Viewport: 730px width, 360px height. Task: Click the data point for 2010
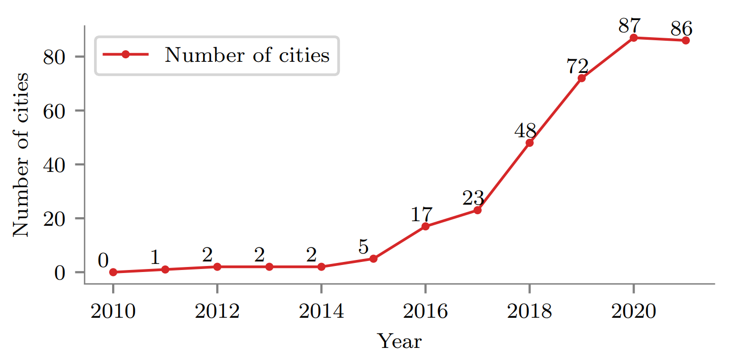click(113, 272)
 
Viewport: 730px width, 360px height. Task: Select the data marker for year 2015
click(374, 258)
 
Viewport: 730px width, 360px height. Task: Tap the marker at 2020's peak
click(633, 38)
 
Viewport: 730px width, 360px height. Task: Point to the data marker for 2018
click(529, 143)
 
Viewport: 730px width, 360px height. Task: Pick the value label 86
click(681, 28)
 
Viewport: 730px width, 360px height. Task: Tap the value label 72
click(577, 65)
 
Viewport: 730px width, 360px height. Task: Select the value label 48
click(525, 130)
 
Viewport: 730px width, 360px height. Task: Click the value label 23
click(473, 198)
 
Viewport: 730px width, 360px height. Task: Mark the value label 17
click(421, 214)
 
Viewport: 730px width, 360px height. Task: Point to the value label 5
click(363, 247)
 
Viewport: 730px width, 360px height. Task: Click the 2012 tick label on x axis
click(217, 312)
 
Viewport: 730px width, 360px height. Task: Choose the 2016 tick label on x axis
click(425, 312)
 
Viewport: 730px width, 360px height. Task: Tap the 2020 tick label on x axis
click(633, 312)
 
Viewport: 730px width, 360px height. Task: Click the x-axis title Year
click(399, 341)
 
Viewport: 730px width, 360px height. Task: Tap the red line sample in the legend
click(126, 55)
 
